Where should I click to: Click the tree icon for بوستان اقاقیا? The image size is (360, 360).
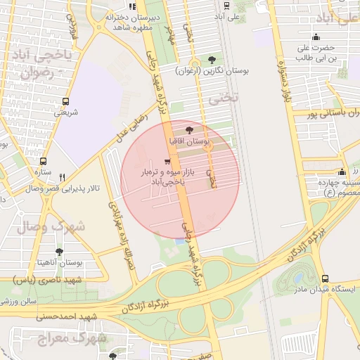click(x=188, y=130)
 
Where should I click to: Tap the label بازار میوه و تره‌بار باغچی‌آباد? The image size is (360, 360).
click(x=163, y=176)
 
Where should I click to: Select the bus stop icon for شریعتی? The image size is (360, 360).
click(x=65, y=101)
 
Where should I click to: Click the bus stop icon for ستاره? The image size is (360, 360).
click(x=43, y=162)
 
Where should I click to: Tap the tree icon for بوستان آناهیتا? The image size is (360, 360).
click(x=58, y=251)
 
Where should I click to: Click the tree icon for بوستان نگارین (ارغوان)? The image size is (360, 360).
click(x=213, y=60)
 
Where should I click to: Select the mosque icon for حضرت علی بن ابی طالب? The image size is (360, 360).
click(x=316, y=37)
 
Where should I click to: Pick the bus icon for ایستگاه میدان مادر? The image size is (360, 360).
click(x=324, y=278)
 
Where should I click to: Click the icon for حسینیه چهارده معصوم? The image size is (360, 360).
click(x=342, y=172)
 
